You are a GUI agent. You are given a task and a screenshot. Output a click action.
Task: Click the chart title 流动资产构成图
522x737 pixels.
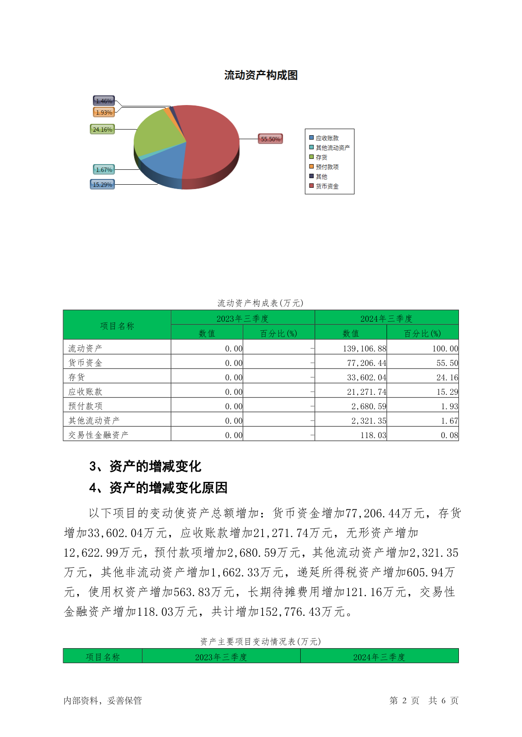(x=261, y=75)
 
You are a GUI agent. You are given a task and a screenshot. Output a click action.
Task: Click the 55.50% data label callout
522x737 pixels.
(x=270, y=139)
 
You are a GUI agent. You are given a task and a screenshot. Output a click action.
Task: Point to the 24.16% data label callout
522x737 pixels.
(x=102, y=130)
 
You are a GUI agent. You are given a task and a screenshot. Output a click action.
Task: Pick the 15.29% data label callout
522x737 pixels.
(x=102, y=185)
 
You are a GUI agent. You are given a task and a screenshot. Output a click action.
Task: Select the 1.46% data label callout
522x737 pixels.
(x=104, y=101)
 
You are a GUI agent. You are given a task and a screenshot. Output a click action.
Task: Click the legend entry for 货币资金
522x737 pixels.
(x=327, y=186)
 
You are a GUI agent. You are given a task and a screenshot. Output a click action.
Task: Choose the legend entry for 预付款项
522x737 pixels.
(x=327, y=167)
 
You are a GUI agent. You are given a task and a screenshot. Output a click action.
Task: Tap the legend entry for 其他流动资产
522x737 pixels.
(x=332, y=148)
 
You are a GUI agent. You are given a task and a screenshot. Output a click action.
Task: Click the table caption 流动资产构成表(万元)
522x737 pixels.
(x=261, y=303)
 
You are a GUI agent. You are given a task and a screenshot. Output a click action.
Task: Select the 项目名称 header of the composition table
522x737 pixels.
(x=117, y=326)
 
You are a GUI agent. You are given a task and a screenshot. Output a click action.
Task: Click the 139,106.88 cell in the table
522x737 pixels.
(x=364, y=349)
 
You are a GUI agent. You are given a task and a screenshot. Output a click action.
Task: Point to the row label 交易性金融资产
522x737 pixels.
(x=99, y=435)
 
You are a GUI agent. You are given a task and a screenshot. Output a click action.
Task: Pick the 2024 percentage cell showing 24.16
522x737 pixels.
(x=447, y=377)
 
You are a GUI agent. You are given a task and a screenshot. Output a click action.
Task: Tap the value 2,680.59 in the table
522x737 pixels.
(x=369, y=407)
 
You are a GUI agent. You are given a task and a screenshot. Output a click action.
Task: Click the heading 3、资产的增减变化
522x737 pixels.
(x=145, y=467)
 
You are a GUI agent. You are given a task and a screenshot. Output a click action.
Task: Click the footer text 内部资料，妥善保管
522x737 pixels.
(x=103, y=701)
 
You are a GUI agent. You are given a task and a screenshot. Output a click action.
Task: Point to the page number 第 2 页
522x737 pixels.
(x=404, y=701)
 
